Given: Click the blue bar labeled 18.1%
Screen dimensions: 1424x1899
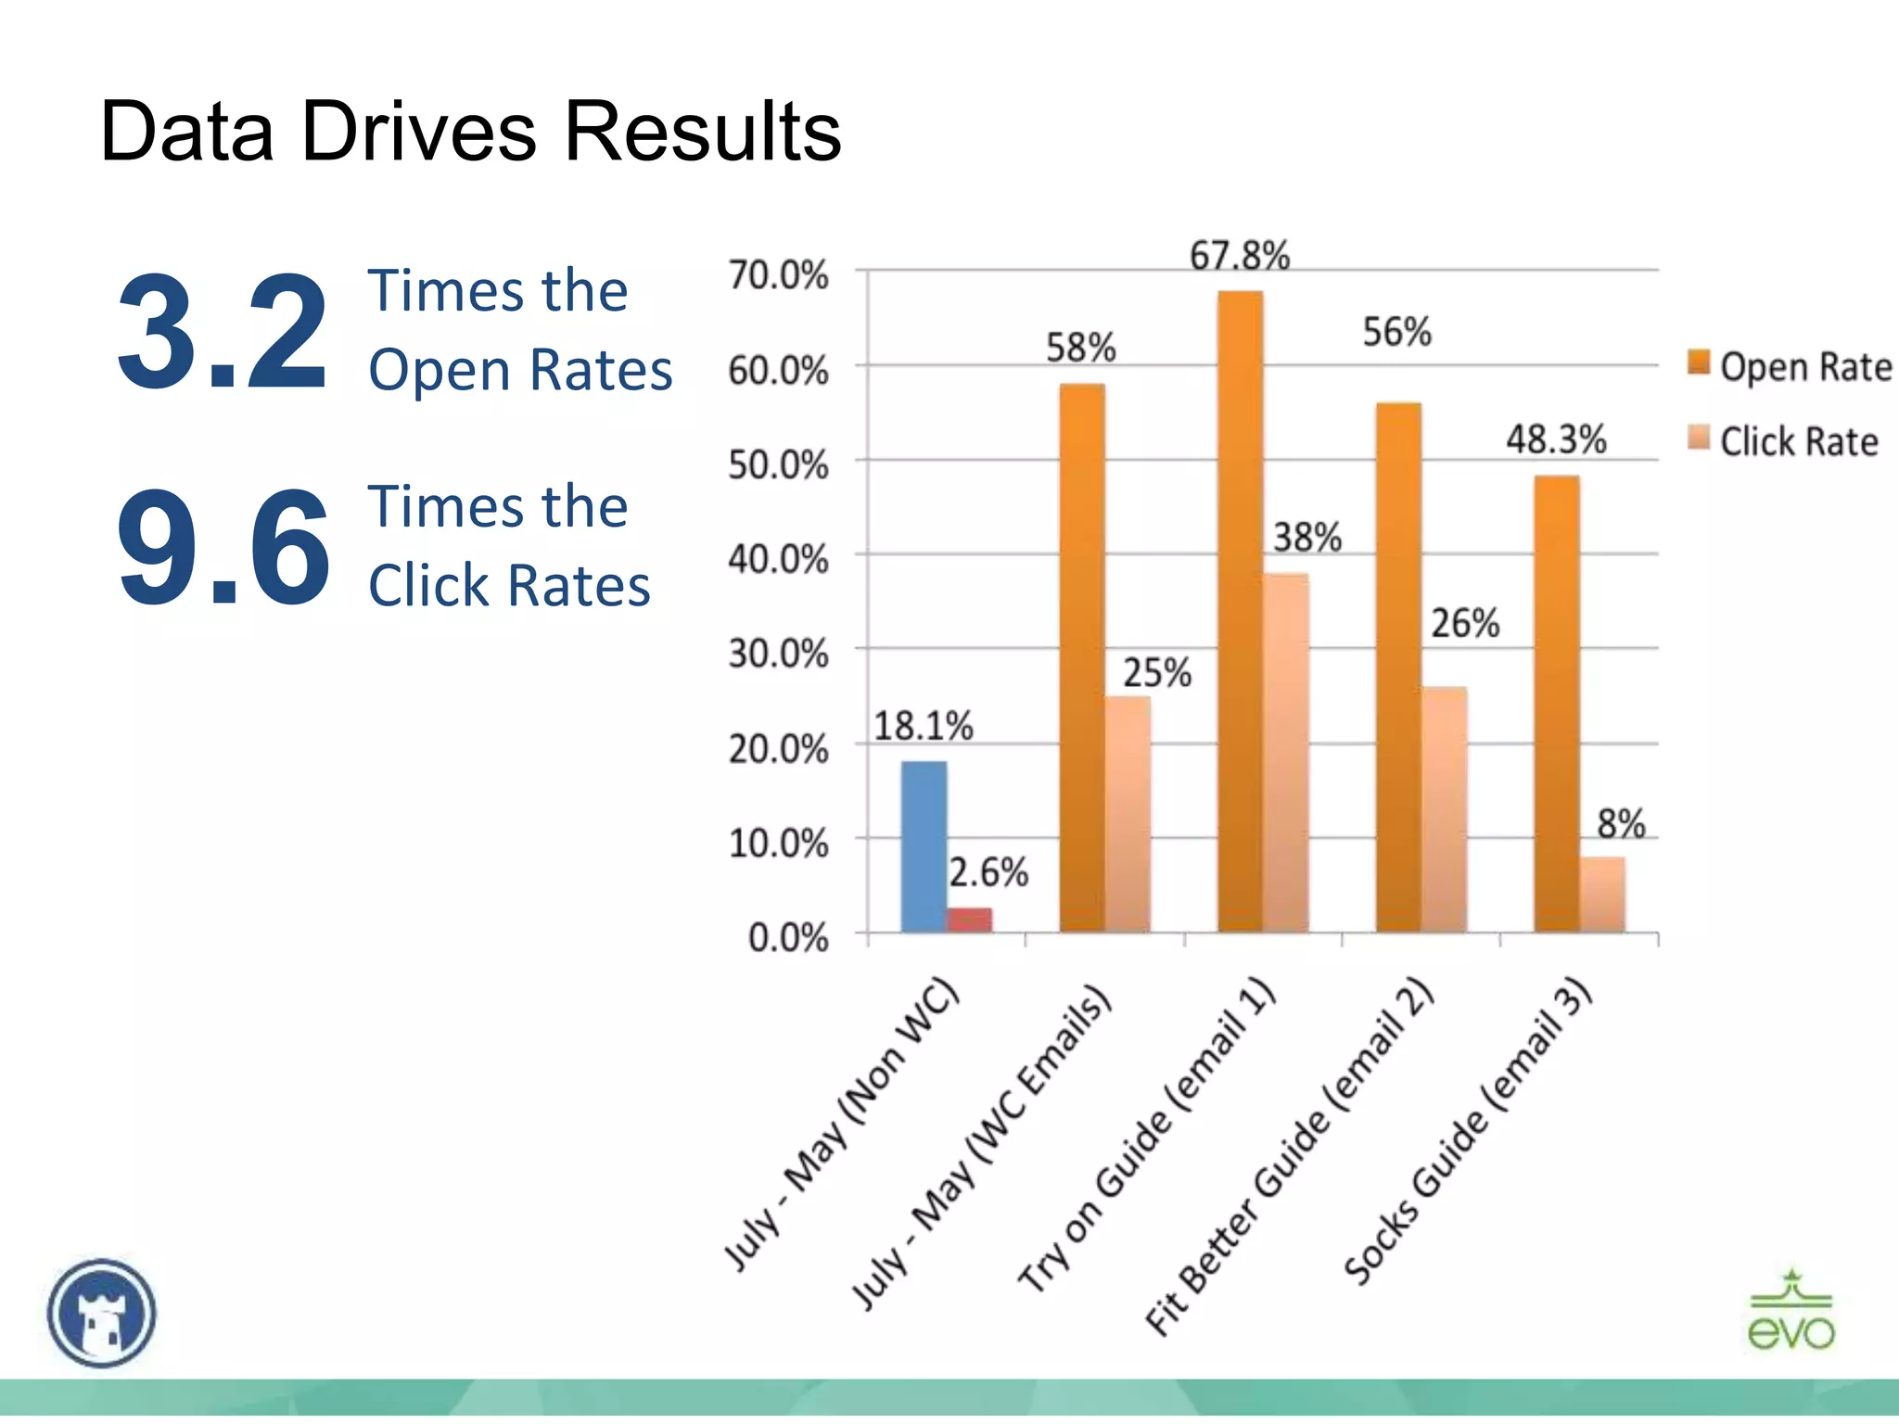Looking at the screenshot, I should click(x=924, y=845).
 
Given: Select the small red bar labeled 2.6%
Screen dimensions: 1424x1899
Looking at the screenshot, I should click(x=969, y=919).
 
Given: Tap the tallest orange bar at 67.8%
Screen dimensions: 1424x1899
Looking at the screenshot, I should click(x=1240, y=612).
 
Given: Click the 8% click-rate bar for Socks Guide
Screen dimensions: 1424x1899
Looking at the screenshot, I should click(x=1602, y=894).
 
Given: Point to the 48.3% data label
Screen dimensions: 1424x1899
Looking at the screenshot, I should click(x=1555, y=439).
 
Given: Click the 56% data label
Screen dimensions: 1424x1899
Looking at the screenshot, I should click(x=1396, y=332).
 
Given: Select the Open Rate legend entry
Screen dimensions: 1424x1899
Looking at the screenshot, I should click(x=1790, y=367).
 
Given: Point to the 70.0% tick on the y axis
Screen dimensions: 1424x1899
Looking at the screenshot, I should click(x=778, y=275).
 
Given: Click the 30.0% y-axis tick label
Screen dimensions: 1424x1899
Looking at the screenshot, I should click(x=778, y=655).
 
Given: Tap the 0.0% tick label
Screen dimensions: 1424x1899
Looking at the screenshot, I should click(x=788, y=938).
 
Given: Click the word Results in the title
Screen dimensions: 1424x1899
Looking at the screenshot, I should click(x=702, y=131).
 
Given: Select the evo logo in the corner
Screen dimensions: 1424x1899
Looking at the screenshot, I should click(x=1791, y=1310).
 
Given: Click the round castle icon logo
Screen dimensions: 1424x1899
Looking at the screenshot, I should click(x=102, y=1312).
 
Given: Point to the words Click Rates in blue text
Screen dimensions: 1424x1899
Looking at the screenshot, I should click(x=509, y=586).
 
